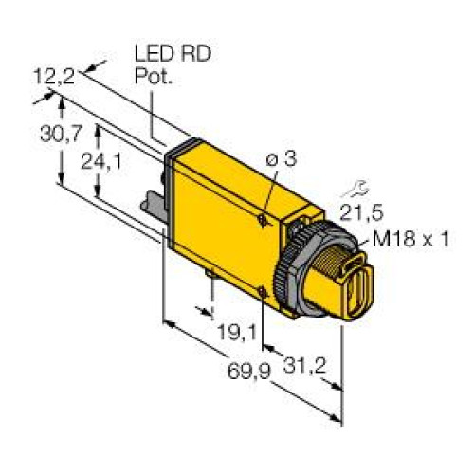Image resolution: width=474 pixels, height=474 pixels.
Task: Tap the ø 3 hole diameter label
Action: [282, 161]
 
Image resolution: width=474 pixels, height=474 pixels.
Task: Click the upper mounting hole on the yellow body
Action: [262, 219]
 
